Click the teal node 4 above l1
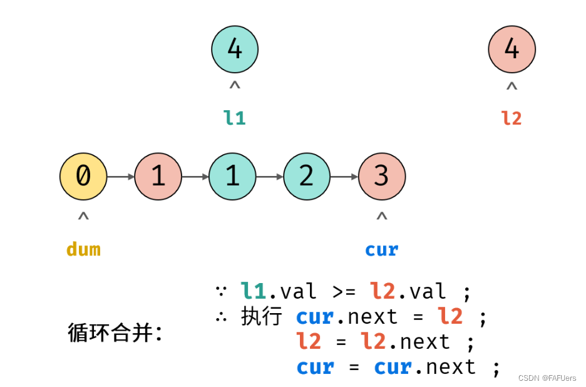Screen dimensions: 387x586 (235, 49)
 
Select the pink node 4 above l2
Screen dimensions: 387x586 (511, 49)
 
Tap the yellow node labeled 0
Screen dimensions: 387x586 (83, 177)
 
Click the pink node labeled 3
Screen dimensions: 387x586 (382, 177)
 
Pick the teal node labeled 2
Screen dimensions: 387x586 (307, 177)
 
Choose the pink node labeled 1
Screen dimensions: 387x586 (158, 177)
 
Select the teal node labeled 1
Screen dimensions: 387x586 (232, 177)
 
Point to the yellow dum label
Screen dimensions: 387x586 (83, 249)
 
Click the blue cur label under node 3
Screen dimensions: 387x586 (382, 249)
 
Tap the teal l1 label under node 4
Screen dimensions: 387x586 (235, 117)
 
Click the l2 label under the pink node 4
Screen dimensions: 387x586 (511, 117)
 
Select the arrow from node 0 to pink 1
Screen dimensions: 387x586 (121, 177)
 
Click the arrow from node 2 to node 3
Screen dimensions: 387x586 (344, 177)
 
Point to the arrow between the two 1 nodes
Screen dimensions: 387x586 (195, 177)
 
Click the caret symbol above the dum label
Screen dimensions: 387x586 (83, 217)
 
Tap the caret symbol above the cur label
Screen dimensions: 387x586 (382, 217)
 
